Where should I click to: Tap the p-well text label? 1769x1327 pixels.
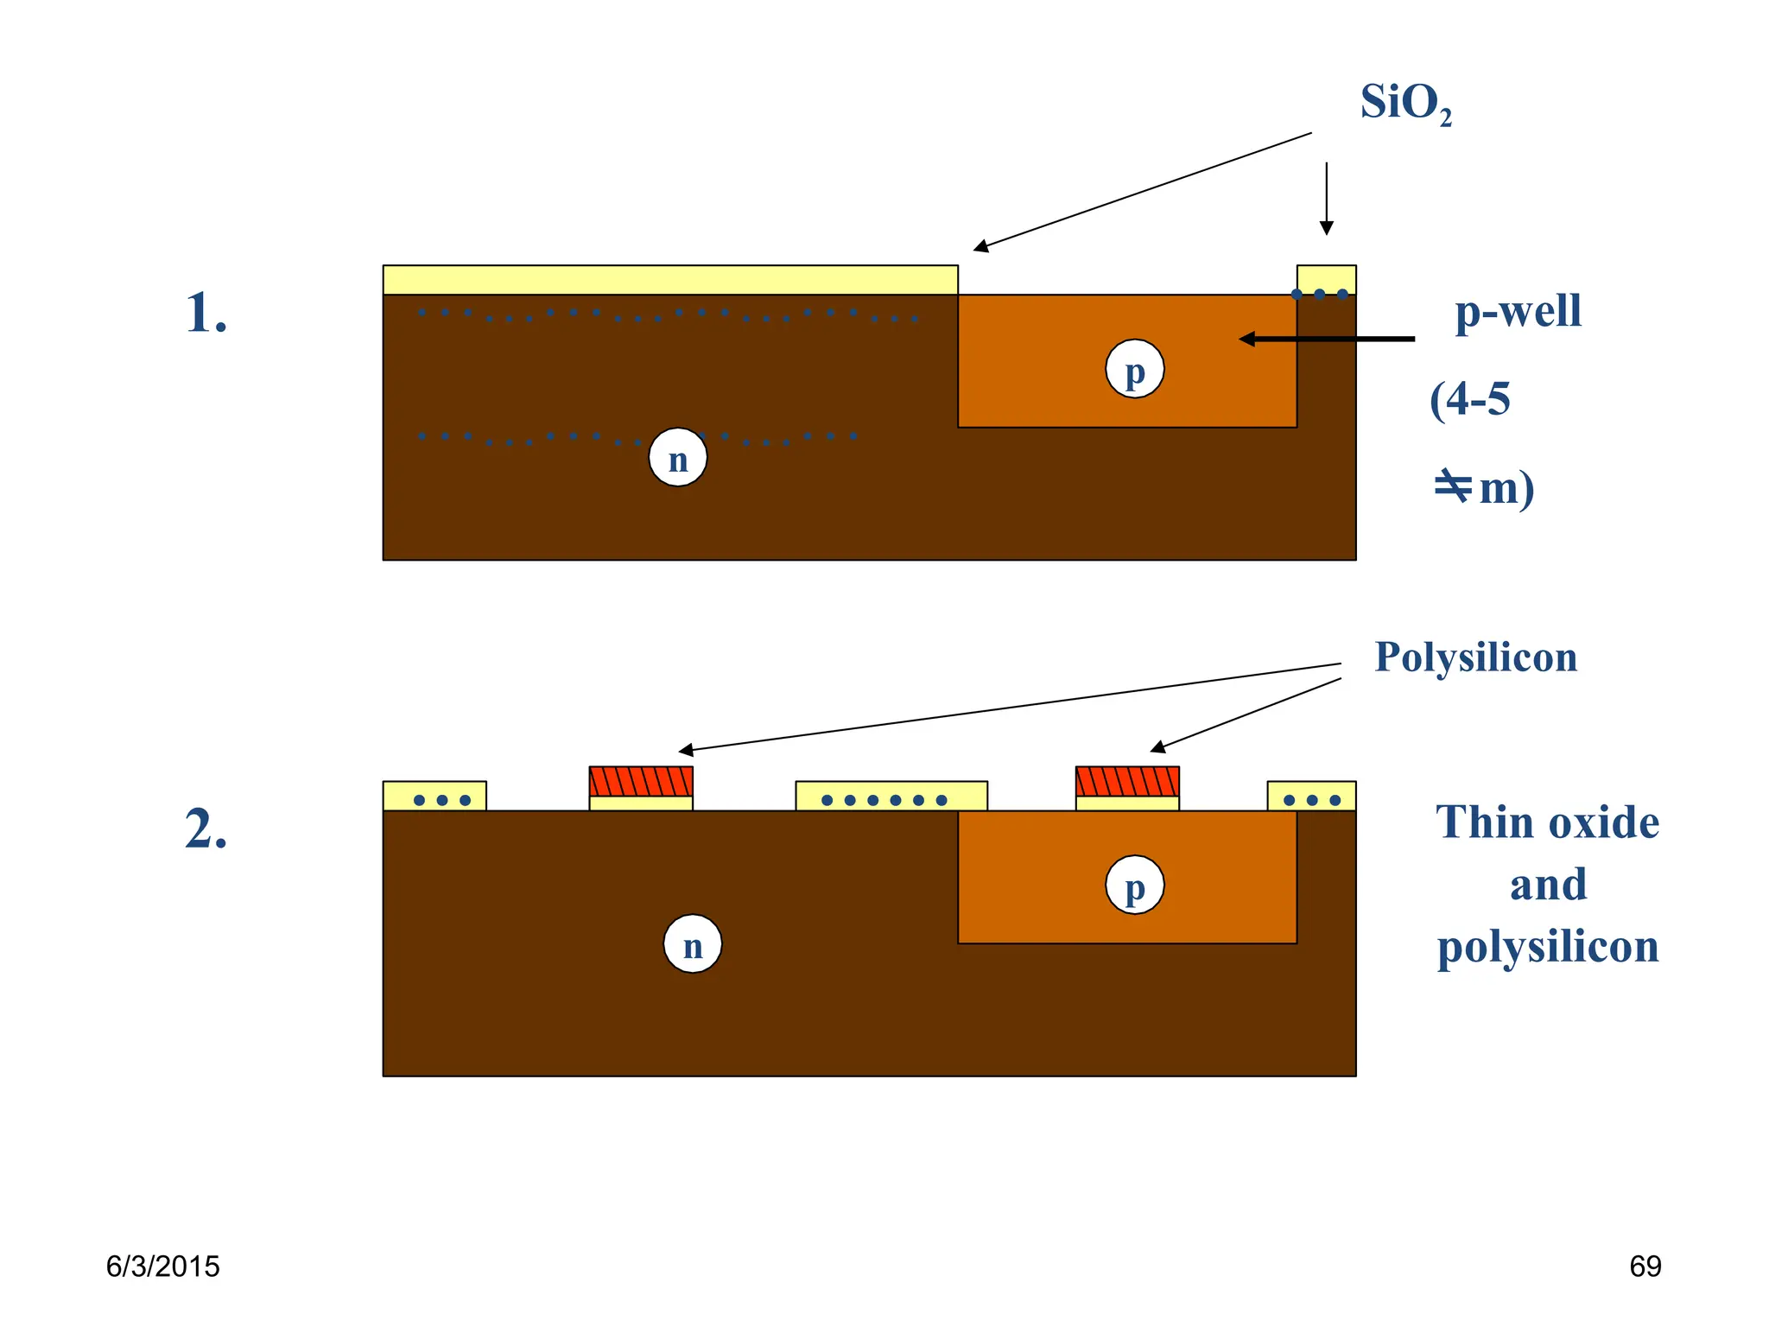(x=1518, y=311)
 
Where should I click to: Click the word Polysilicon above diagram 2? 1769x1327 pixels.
(x=1475, y=657)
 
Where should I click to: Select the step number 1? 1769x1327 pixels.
(x=206, y=313)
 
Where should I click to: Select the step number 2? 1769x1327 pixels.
(x=206, y=829)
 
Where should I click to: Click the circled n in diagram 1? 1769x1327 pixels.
(x=678, y=458)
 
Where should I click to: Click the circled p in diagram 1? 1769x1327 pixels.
(x=1134, y=369)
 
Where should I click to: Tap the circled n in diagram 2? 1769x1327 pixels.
(x=693, y=944)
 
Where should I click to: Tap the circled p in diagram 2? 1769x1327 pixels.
(x=1134, y=886)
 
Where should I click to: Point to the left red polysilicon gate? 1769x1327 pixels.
(x=641, y=781)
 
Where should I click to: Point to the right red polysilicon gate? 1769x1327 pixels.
(x=1127, y=781)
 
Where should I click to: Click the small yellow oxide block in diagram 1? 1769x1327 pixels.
(x=1326, y=280)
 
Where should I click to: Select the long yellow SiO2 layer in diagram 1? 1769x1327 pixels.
(x=670, y=280)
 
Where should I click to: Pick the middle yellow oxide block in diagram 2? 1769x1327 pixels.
(x=891, y=796)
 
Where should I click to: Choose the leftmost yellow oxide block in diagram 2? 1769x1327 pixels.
(x=434, y=796)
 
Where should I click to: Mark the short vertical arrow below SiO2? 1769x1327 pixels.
(x=1327, y=199)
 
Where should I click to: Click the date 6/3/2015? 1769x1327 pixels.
(x=162, y=1267)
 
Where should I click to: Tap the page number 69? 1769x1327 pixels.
(x=1645, y=1267)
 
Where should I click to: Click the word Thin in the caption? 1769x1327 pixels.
(x=1473, y=822)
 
